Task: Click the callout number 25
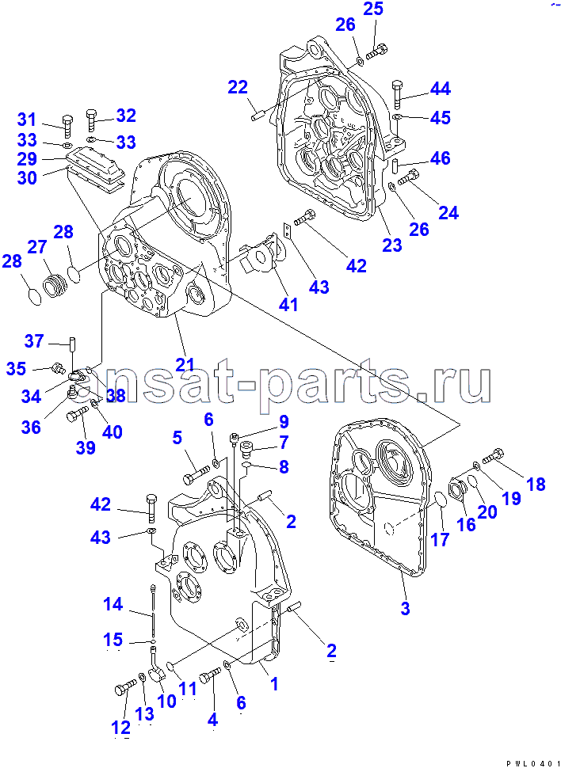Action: [x=373, y=10]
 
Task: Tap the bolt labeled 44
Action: [x=397, y=95]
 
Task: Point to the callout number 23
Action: [x=392, y=244]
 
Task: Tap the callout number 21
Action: [x=185, y=363]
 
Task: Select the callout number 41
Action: [x=288, y=304]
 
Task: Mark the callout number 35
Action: [x=16, y=368]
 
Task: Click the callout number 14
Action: [x=113, y=604]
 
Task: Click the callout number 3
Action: [x=405, y=608]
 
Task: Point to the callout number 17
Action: [x=440, y=539]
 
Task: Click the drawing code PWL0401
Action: [x=535, y=763]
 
